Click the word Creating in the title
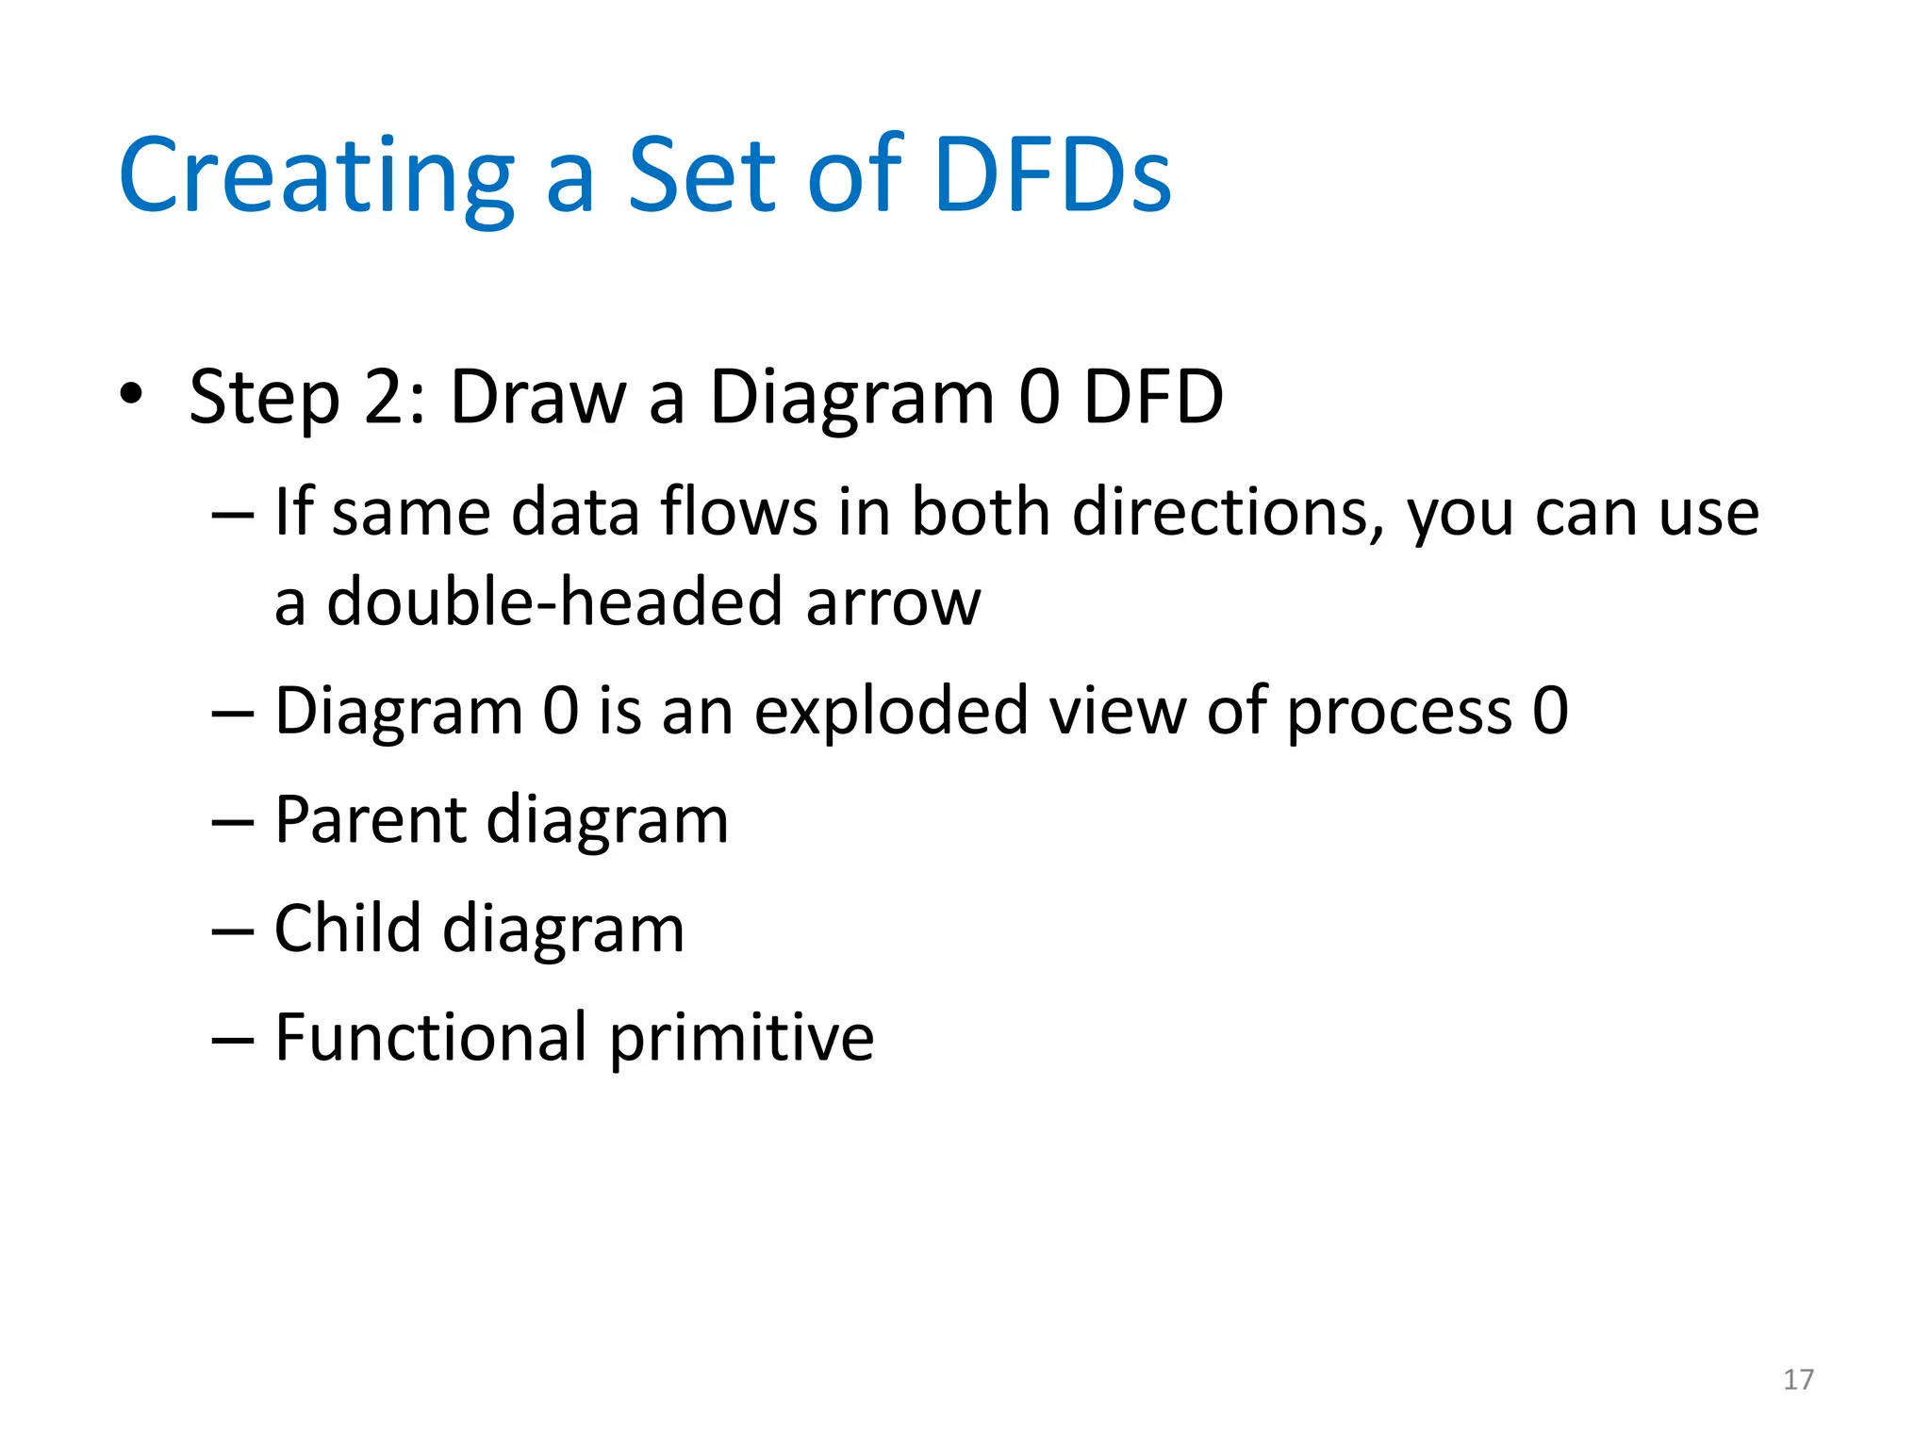click(316, 176)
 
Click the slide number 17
click(1798, 1379)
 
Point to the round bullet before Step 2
click(131, 394)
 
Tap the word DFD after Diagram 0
click(1153, 396)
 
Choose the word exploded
click(890, 711)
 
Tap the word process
click(1399, 713)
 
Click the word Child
click(347, 928)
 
